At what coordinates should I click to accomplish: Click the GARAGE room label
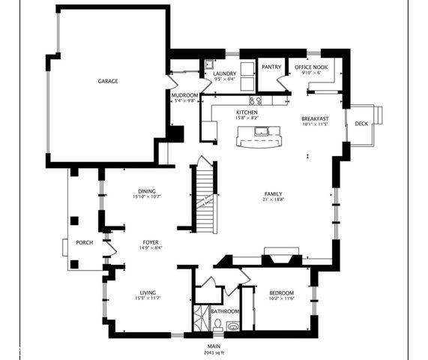(108, 80)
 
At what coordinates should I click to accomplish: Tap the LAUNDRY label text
(225, 73)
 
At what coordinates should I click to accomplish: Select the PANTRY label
(271, 67)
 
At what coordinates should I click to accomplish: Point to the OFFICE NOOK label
(311, 67)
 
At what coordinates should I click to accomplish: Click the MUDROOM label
(184, 95)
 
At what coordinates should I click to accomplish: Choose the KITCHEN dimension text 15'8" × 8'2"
(247, 118)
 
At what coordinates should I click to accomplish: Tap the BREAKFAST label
(315, 118)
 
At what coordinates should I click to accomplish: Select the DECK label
(361, 124)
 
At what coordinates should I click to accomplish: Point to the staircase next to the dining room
(205, 196)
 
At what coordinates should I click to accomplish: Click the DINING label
(146, 190)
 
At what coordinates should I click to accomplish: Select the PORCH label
(83, 242)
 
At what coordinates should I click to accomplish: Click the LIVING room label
(146, 292)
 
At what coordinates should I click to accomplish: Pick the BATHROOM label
(225, 311)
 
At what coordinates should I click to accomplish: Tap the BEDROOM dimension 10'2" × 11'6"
(281, 298)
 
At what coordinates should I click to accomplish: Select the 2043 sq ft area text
(214, 352)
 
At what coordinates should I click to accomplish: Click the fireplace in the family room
(281, 257)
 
